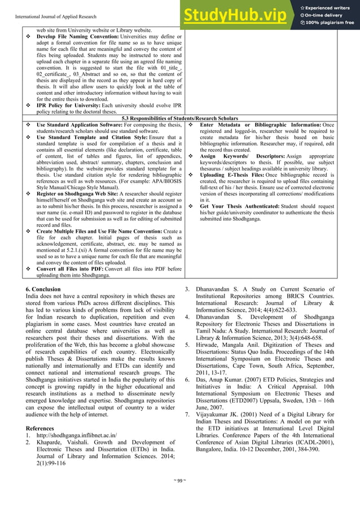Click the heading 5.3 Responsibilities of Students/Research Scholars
(x=180, y=119)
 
